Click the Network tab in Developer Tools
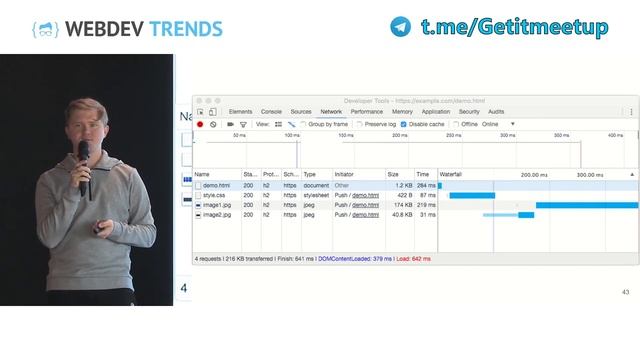pyautogui.click(x=331, y=112)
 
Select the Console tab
pyautogui.click(x=271, y=112)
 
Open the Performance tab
pyautogui.click(x=366, y=112)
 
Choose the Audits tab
pyautogui.click(x=496, y=112)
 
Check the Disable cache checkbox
pyautogui.click(x=403, y=124)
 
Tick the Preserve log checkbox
pyautogui.click(x=360, y=124)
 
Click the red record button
pyautogui.click(x=200, y=124)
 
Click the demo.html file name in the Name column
pyautogui.click(x=216, y=185)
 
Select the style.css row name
pyautogui.click(x=214, y=195)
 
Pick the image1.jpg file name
pyautogui.click(x=217, y=205)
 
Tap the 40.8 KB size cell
pyautogui.click(x=402, y=215)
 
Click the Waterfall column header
pyautogui.click(x=452, y=174)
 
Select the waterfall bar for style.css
pyautogui.click(x=472, y=195)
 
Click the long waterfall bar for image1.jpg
pyautogui.click(x=586, y=205)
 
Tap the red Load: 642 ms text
pyautogui.click(x=412, y=258)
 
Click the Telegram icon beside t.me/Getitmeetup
pyautogui.click(x=400, y=27)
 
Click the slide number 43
pyautogui.click(x=626, y=292)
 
